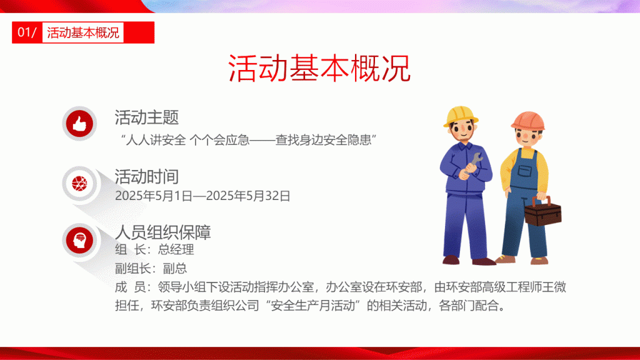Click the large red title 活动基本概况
319,68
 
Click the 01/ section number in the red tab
27,32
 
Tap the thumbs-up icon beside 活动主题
79,123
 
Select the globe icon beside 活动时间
79,183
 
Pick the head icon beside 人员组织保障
79,240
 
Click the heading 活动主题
146,117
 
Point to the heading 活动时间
146,177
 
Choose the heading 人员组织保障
163,232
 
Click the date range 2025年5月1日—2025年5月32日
202,196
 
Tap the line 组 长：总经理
155,249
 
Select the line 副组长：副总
151,268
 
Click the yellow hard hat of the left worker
461,116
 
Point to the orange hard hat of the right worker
527,121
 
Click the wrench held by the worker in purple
474,162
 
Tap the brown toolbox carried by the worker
543,211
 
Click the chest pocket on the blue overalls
525,171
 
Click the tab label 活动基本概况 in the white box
83,32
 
